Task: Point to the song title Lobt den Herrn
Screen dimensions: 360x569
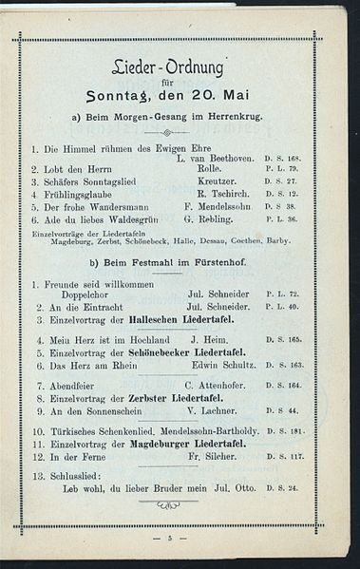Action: point(72,169)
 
